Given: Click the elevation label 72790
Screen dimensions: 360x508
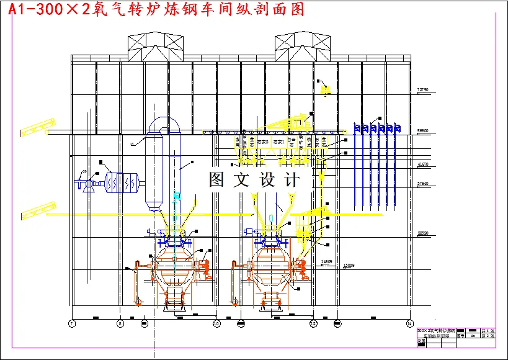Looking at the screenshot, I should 423,90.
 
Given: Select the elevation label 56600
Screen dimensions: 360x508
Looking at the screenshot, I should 423,131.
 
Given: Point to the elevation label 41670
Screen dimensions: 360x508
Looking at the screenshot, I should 423,164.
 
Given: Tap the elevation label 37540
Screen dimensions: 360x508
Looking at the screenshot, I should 423,184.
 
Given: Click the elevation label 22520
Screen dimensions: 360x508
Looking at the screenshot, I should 423,233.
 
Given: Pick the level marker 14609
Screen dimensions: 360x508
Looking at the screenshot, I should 326,262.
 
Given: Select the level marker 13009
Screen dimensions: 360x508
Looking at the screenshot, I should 349,266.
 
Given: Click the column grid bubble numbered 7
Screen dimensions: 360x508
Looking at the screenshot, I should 72,323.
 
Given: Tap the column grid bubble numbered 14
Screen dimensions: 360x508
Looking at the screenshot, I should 409,323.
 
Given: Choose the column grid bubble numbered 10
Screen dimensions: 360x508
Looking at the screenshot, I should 216,323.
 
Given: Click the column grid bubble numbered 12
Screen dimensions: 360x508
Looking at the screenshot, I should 313,323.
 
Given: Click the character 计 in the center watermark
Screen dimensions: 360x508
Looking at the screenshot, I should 291,180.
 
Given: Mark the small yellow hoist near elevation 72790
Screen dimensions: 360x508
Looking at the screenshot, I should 324,89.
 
